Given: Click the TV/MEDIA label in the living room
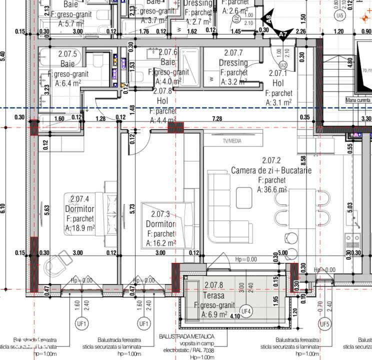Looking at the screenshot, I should point(229,141).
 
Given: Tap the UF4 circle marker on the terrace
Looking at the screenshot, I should point(246,311).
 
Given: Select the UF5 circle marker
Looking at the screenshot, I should point(326,323).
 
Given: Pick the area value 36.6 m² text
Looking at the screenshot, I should point(272,189).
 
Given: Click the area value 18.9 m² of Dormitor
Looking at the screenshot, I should point(80,227).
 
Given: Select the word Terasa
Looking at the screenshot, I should point(213,296).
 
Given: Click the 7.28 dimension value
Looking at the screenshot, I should point(217,118).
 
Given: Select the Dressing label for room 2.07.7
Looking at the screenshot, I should point(233,63).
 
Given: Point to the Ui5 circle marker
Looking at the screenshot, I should point(341,16).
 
